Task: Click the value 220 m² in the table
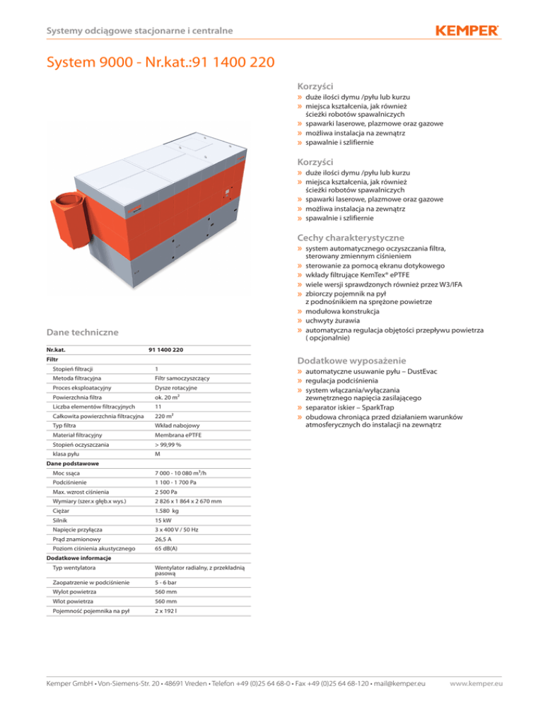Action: [165, 417]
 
